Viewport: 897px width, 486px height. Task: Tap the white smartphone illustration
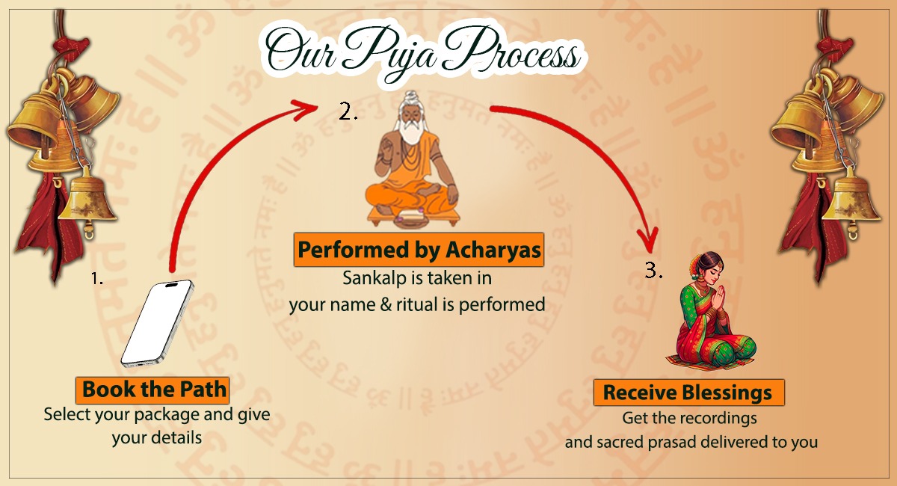coord(157,323)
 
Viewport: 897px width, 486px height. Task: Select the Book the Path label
coord(152,390)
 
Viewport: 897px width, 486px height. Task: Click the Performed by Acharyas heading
coord(418,251)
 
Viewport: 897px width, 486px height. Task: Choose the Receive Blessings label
coord(688,393)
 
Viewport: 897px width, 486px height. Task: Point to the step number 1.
coord(96,279)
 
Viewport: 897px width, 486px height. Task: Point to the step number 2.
coord(348,112)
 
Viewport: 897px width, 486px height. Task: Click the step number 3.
coord(654,271)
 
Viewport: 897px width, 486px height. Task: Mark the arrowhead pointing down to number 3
coord(647,240)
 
